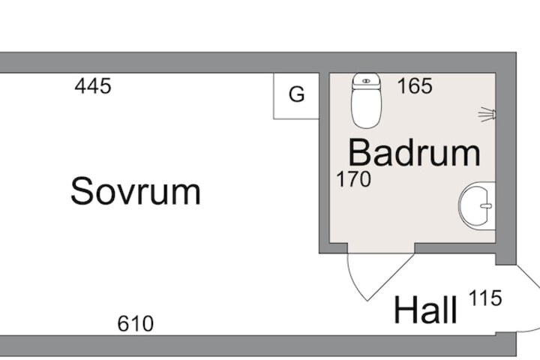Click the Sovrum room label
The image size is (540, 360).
click(x=135, y=190)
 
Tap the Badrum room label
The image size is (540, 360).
click(x=414, y=152)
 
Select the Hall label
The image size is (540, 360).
click(x=425, y=309)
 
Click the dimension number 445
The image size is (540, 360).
click(x=93, y=85)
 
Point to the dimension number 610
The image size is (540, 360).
click(x=135, y=323)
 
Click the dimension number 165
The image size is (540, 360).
click(x=415, y=85)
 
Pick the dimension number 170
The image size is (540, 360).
click(x=354, y=179)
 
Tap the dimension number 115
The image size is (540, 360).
click(x=485, y=298)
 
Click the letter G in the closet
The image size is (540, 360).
click(x=297, y=94)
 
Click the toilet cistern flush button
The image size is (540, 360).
click(x=367, y=81)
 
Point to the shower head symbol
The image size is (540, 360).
click(x=487, y=114)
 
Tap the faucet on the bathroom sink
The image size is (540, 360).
click(x=486, y=206)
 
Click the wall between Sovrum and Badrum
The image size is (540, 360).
click(x=324, y=163)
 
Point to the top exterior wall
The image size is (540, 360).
click(x=258, y=62)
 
